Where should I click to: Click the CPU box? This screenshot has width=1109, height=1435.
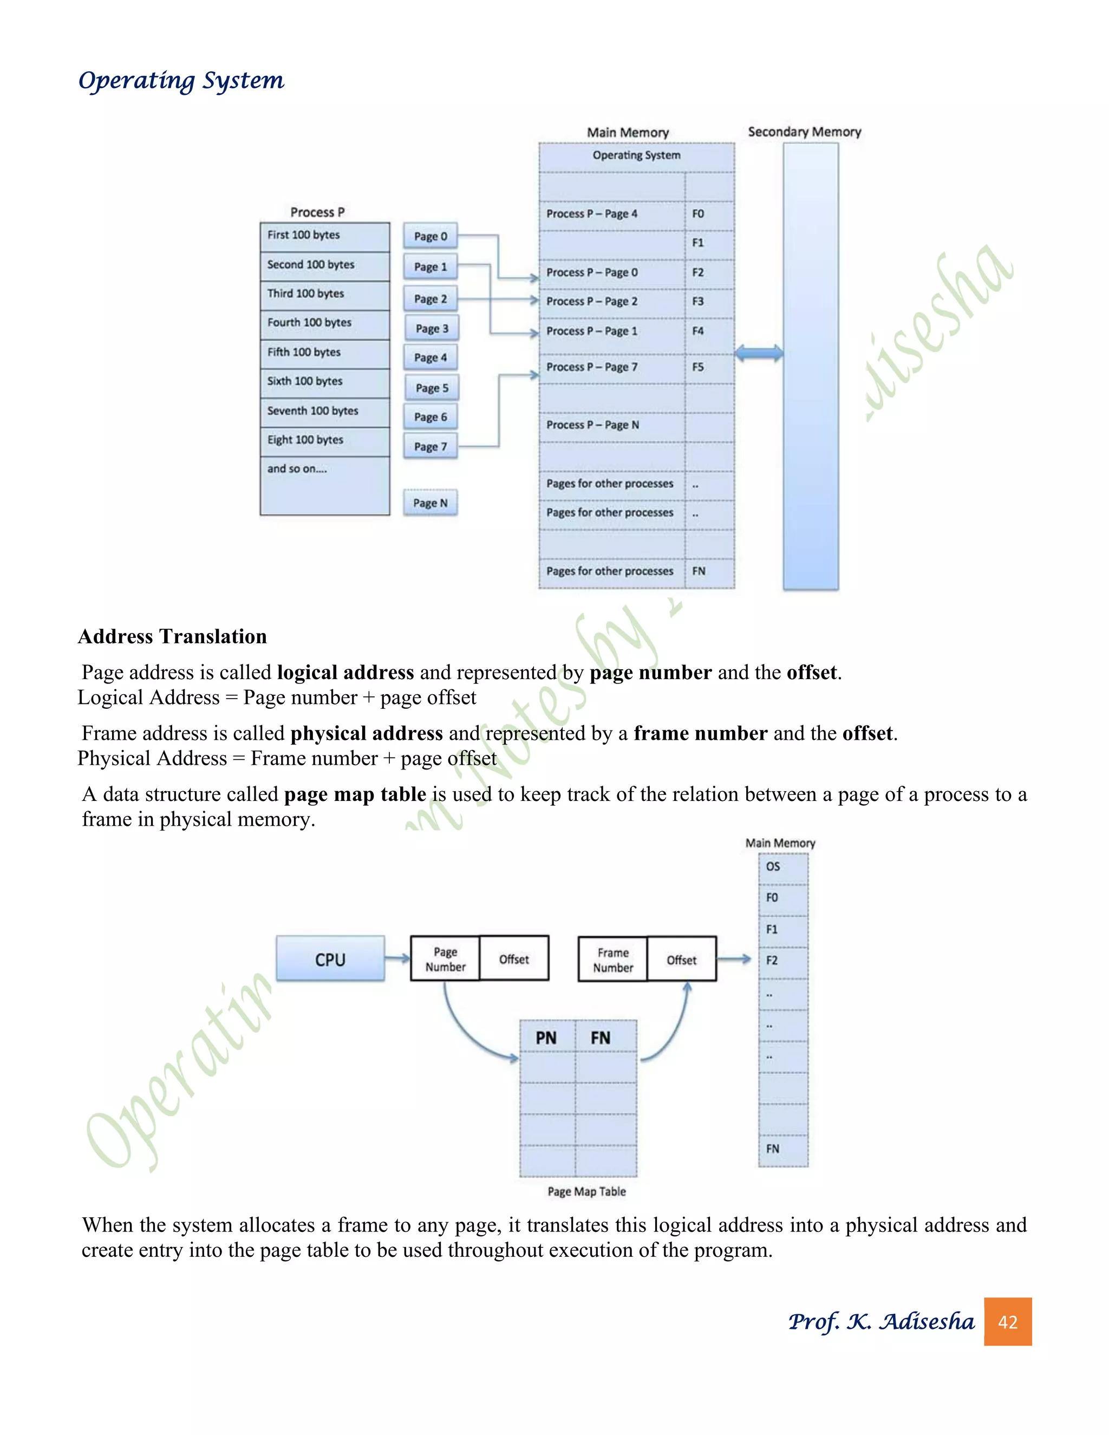pyautogui.click(x=330, y=960)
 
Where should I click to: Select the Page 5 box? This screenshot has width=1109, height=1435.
pyautogui.click(x=432, y=388)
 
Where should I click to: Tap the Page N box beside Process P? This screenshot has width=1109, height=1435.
pyautogui.click(x=430, y=503)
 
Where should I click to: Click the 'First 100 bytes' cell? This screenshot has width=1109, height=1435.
pyautogui.click(x=324, y=235)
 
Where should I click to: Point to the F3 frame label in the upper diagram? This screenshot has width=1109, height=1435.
pyautogui.click(x=697, y=302)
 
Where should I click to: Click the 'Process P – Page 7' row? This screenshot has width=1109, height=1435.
pyautogui.click(x=611, y=367)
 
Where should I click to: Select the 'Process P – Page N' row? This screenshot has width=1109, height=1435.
pyautogui.click(x=611, y=425)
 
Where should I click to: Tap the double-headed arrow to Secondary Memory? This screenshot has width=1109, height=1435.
pyautogui.click(x=759, y=354)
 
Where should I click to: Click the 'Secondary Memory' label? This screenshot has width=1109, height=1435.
pyautogui.click(x=804, y=132)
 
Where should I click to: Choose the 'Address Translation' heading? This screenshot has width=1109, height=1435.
pyautogui.click(x=172, y=636)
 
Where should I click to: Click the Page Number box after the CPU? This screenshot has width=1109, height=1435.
pyautogui.click(x=445, y=960)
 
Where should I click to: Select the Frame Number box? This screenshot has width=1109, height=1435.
pyautogui.click(x=612, y=960)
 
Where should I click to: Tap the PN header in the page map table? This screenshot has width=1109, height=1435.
pyautogui.click(x=546, y=1038)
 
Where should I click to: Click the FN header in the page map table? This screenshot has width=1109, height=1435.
pyautogui.click(x=601, y=1038)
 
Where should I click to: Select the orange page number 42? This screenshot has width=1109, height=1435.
pyautogui.click(x=1007, y=1322)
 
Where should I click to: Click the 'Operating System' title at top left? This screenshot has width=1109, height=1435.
pyautogui.click(x=181, y=81)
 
